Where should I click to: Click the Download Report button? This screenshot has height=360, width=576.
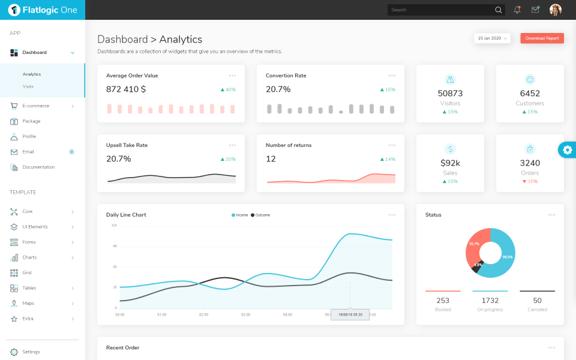click(542, 38)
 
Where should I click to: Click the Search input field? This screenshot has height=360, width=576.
click(441, 10)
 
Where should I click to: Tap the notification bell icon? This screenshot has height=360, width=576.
click(517, 10)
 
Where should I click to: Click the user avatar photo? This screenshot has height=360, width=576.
click(556, 10)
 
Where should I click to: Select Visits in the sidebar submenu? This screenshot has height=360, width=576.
click(28, 86)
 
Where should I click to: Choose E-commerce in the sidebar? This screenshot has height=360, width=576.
click(36, 106)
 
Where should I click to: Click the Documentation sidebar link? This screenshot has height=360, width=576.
click(38, 167)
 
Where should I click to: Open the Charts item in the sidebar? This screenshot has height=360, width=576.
click(29, 257)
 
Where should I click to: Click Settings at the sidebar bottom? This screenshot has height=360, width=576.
click(31, 352)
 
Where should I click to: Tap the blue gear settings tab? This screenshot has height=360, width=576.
click(568, 150)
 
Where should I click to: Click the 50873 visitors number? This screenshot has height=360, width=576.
click(450, 94)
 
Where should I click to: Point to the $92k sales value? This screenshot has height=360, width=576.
click(450, 163)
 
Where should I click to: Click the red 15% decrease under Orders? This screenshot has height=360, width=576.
click(530, 181)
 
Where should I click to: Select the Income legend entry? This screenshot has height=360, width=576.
click(240, 215)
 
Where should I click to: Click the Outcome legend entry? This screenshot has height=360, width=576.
click(260, 215)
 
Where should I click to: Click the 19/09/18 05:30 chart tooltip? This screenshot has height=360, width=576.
click(350, 314)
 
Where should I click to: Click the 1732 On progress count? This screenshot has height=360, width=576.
click(490, 301)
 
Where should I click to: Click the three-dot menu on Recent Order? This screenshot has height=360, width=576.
click(551, 348)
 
